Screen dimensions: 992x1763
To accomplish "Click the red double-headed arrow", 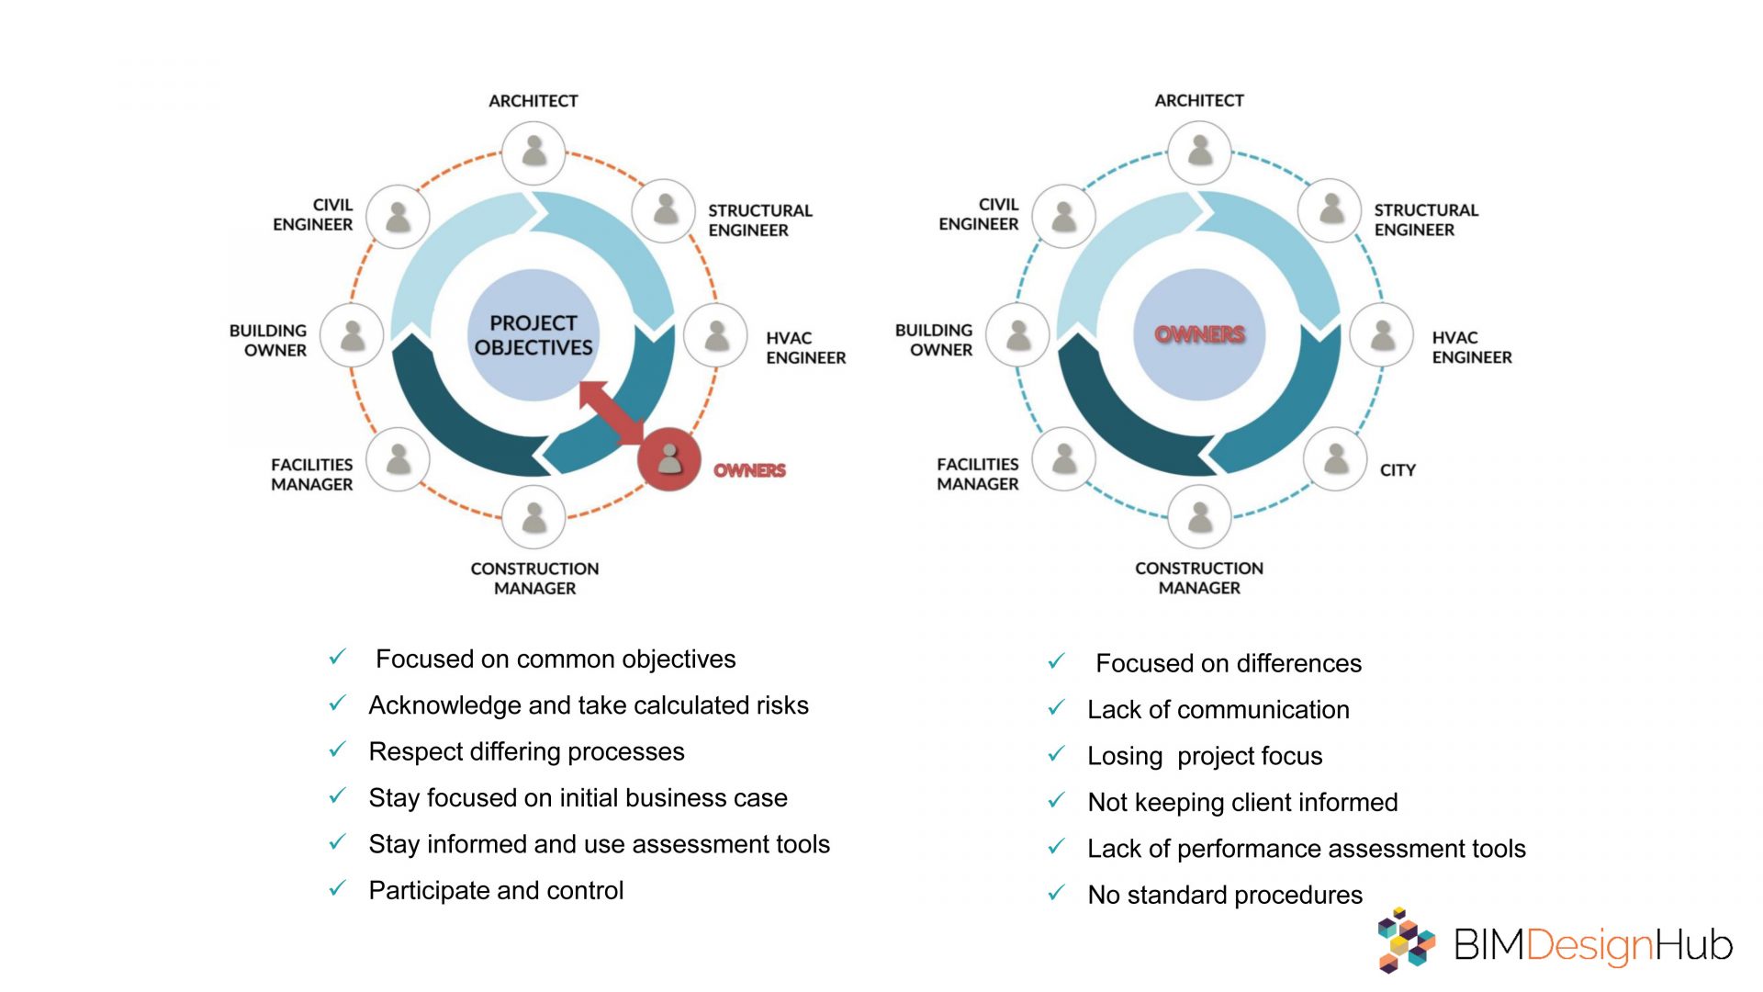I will click(x=612, y=412).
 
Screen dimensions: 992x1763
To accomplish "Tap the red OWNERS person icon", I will click(x=669, y=458).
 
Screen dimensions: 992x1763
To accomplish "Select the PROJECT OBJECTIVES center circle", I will click(x=533, y=335).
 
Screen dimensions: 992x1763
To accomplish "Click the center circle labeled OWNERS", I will click(x=1199, y=334).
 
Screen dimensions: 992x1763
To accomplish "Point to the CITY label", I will click(x=1398, y=470).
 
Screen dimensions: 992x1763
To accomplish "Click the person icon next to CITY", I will click(x=1335, y=458).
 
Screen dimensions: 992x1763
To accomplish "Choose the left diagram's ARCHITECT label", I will click(x=533, y=101).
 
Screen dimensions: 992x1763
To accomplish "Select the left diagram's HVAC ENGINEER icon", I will click(x=716, y=335).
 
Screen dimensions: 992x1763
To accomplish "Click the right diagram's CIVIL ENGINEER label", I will click(x=979, y=214).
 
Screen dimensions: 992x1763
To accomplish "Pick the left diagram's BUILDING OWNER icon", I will click(x=352, y=335).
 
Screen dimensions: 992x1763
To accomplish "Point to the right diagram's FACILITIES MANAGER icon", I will click(x=1064, y=458).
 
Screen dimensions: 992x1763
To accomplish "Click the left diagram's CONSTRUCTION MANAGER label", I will click(x=534, y=579).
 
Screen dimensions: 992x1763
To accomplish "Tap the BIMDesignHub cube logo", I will click(x=1405, y=940).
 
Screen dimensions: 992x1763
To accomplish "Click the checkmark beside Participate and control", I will click(x=338, y=888).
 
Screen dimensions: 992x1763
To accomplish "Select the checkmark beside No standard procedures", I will click(x=1057, y=892).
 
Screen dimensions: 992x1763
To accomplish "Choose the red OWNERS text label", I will click(x=749, y=470).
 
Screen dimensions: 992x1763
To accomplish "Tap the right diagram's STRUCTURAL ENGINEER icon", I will click(x=1330, y=210).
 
